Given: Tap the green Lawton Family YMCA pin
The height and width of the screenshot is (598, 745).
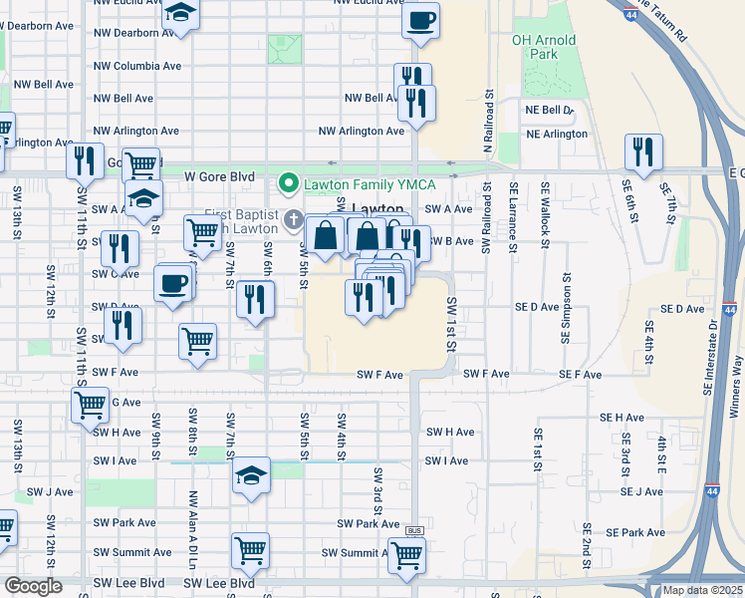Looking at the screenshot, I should point(289,182).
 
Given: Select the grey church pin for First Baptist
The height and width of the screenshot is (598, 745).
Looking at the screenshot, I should point(293,218).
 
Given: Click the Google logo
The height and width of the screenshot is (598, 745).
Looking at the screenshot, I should point(33,586).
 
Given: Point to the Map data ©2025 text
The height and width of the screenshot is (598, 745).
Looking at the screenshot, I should point(703,590).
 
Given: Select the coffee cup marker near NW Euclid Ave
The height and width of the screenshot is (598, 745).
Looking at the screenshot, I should point(420,20).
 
